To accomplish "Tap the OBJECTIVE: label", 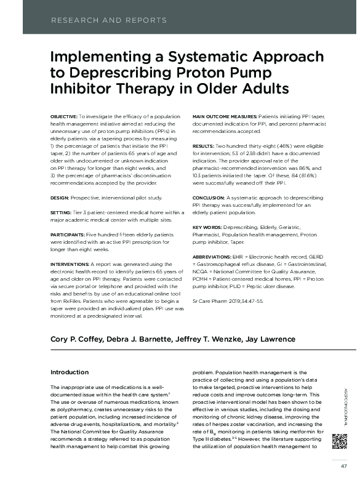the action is pyautogui.click(x=63, y=115).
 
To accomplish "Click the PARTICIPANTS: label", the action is pyautogui.click(x=69, y=236).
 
